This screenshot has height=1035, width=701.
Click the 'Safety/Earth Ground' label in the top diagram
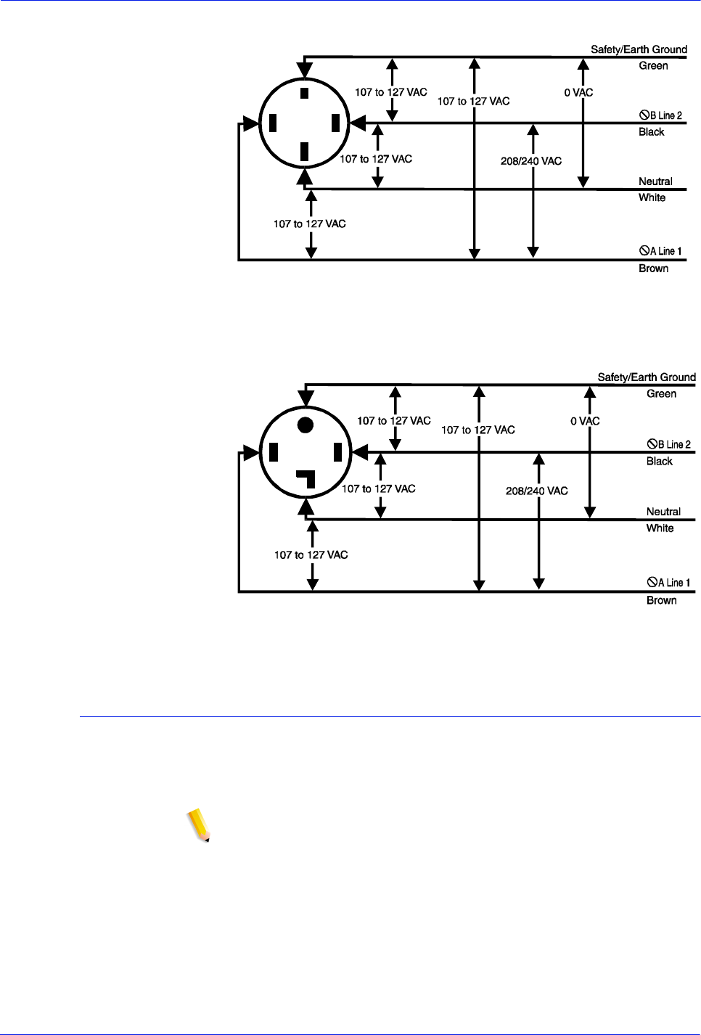click(x=639, y=49)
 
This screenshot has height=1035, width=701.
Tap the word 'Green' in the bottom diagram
click(x=661, y=394)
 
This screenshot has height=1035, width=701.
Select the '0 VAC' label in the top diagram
click(x=578, y=93)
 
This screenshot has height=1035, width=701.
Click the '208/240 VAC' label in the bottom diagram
click(x=536, y=491)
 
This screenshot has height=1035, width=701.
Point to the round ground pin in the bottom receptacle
click(x=306, y=425)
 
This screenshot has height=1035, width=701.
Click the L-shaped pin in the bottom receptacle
click(x=307, y=478)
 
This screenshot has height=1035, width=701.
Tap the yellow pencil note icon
click(x=198, y=826)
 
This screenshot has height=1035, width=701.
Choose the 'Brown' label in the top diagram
click(x=653, y=269)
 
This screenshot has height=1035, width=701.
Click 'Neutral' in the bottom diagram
click(x=663, y=512)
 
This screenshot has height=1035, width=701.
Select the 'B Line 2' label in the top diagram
click(x=661, y=115)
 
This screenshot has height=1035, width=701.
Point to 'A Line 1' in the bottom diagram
click(x=669, y=583)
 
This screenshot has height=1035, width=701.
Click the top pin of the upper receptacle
click(x=305, y=93)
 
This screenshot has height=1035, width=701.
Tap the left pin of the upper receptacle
click(x=273, y=123)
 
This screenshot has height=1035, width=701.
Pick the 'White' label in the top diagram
click(x=652, y=197)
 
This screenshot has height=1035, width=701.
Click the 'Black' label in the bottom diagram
click(x=659, y=462)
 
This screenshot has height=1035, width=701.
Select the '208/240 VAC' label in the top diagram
click(x=531, y=161)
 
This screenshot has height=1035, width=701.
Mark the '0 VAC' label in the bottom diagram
click(x=585, y=422)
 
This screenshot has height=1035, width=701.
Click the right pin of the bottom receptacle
click(x=337, y=453)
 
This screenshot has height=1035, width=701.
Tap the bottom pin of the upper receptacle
click(x=305, y=152)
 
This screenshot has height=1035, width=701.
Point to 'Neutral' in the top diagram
click(x=655, y=181)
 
